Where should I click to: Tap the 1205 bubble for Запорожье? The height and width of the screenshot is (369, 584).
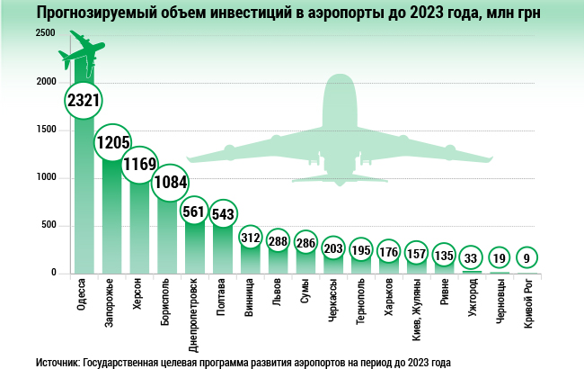114,143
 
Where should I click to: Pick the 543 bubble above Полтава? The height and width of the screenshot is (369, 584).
223,214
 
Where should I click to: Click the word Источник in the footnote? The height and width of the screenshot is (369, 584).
58,360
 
